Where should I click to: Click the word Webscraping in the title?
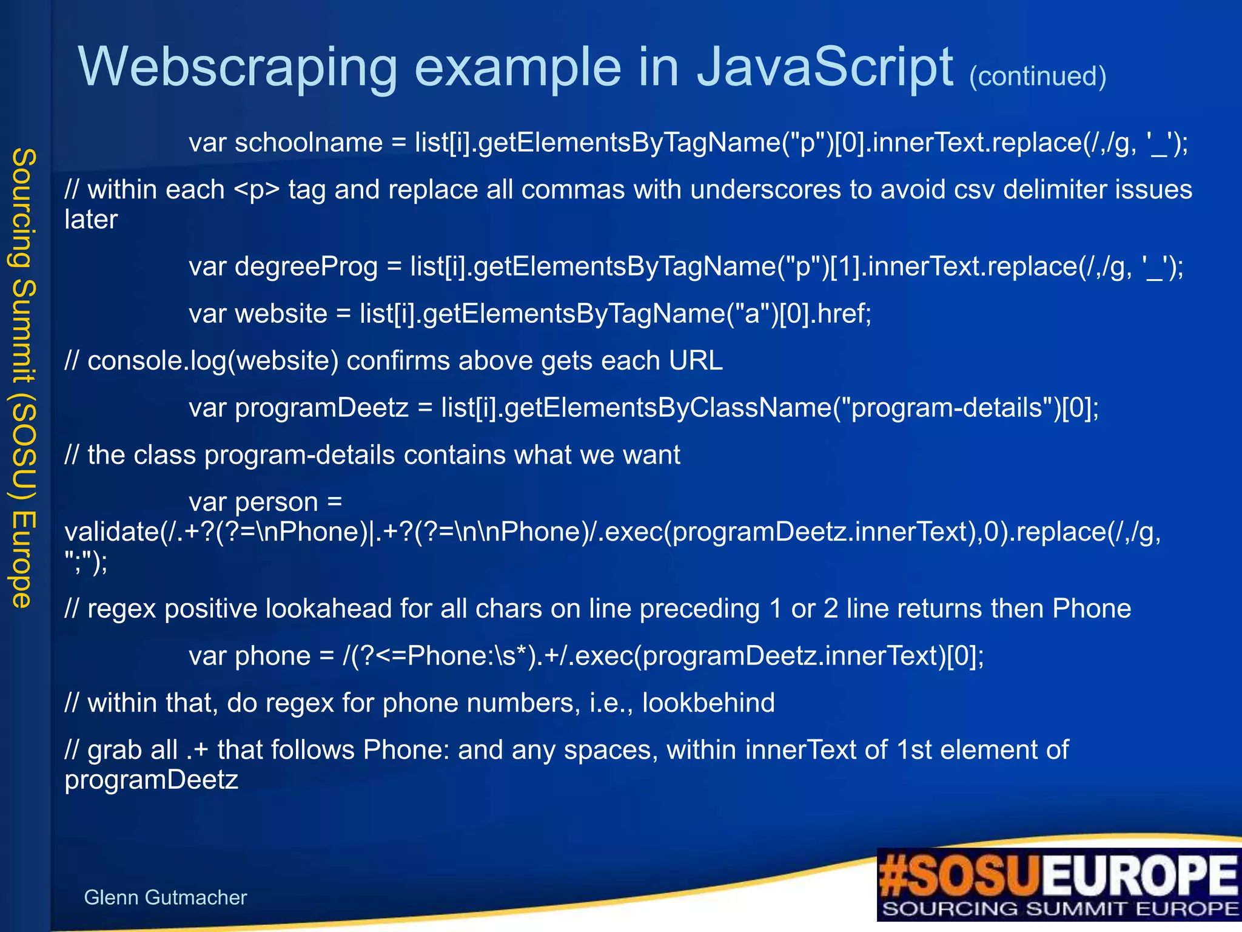237,68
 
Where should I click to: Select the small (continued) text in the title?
1038,76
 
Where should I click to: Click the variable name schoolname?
309,143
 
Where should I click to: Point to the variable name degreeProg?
306,267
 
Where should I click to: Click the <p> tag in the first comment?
257,190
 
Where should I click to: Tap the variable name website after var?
281,314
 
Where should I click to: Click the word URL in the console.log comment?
696,361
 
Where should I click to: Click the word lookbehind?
708,703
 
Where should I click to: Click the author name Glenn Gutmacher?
165,897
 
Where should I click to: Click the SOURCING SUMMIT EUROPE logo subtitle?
1060,909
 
